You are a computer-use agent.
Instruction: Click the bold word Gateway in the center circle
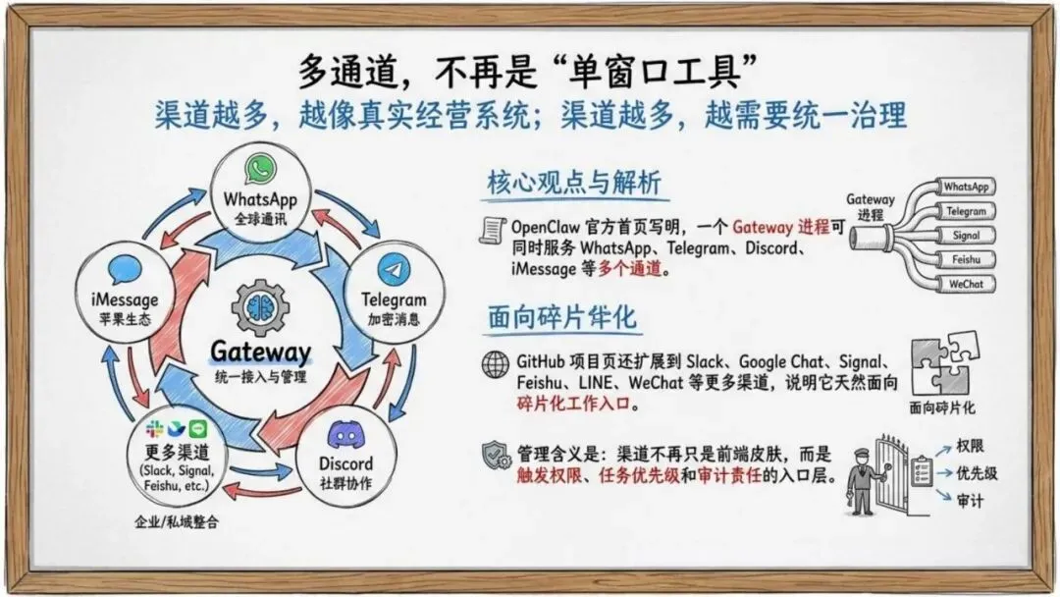260,353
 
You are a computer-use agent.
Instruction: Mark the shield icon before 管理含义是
495,456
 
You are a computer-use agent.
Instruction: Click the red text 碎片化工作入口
576,404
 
